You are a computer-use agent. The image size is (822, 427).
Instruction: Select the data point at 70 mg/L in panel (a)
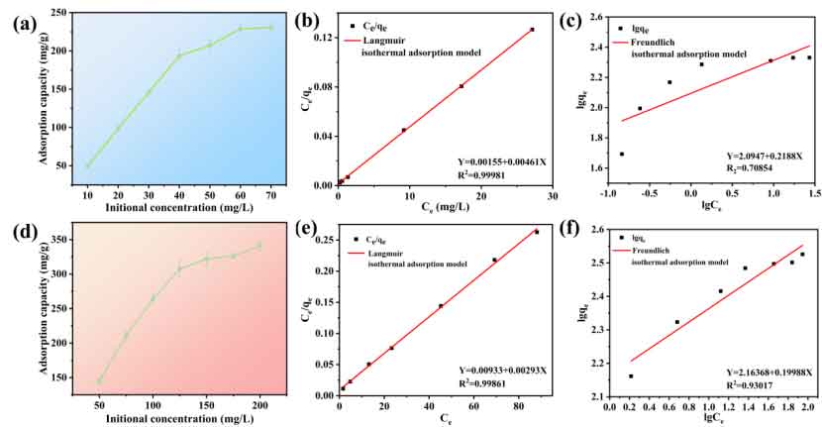pyautogui.click(x=270, y=28)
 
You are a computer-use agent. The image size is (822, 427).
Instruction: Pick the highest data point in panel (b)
pyautogui.click(x=532, y=30)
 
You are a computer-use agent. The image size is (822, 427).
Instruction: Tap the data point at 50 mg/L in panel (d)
pyautogui.click(x=99, y=380)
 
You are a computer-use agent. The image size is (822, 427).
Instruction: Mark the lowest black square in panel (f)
pyautogui.click(x=631, y=376)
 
